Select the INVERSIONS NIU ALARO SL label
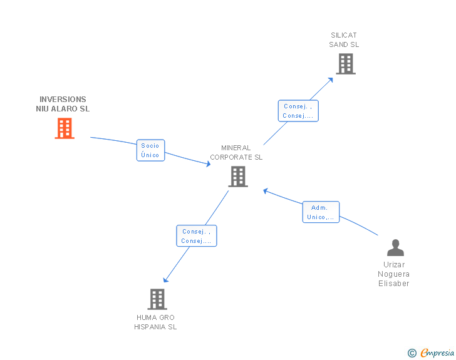63,104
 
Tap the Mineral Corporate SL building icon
238,177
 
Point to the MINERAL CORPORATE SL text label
236,153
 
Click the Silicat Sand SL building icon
345,64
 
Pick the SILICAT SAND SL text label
344,40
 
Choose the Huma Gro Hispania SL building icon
157,299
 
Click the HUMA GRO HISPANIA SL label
155,322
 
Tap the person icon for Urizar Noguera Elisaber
395,248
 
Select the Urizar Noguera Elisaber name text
393,274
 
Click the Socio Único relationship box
150,150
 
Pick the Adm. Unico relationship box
320,212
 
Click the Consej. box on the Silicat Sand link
298,111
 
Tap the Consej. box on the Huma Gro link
196,236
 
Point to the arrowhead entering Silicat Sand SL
331,79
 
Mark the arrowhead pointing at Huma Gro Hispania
165,280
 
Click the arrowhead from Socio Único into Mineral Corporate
208,165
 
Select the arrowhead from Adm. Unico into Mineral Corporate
266,190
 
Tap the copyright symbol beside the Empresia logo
412,353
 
